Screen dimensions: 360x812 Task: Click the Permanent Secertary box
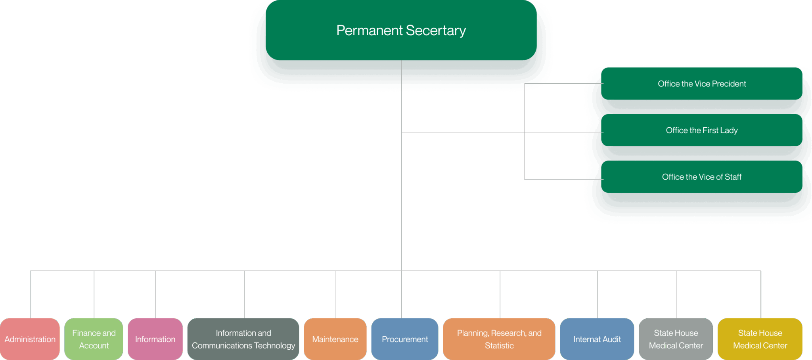point(401,30)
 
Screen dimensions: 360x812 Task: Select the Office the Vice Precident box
point(701,84)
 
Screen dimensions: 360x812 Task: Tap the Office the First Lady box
point(701,130)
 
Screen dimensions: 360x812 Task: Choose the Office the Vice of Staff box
point(701,177)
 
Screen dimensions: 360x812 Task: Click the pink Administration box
point(30,339)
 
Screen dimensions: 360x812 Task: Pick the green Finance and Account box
point(94,339)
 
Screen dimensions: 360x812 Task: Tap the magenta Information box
point(155,339)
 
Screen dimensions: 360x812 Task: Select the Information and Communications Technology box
point(243,339)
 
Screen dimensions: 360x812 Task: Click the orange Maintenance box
point(335,339)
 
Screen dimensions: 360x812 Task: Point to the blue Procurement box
point(405,339)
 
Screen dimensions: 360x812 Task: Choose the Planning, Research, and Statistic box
point(499,339)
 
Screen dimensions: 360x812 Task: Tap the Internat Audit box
point(597,339)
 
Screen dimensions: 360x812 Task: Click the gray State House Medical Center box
point(676,339)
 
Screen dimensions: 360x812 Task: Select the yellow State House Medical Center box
point(760,339)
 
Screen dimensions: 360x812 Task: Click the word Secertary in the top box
point(436,31)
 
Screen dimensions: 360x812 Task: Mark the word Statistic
point(499,346)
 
